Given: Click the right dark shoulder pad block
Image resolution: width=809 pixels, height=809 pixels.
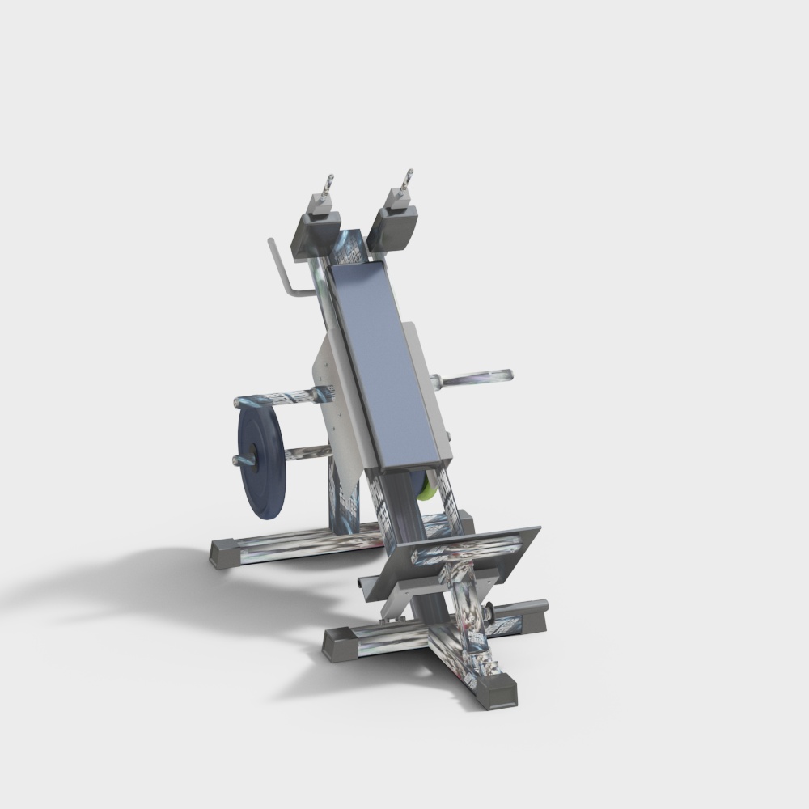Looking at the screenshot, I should pyautogui.click(x=394, y=226).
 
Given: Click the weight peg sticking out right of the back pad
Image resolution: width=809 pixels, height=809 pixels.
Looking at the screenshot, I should pyautogui.click(x=477, y=377).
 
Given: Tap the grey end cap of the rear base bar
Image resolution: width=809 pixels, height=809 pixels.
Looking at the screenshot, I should pyautogui.click(x=222, y=553).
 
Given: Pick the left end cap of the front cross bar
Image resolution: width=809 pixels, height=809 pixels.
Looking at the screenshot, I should pyautogui.click(x=340, y=644).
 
